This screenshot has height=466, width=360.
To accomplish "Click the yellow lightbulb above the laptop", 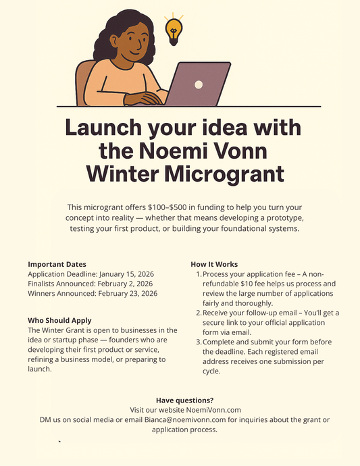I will point(174,30).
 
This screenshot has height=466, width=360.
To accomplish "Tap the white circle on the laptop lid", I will point(199,84).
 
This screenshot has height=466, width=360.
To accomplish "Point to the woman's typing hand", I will point(145,98).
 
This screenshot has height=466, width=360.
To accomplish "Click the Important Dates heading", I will point(57,264).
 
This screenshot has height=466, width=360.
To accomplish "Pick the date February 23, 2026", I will point(128,294).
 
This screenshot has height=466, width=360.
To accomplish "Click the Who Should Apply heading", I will point(59,320).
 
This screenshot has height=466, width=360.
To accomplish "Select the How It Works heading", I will point(214,264).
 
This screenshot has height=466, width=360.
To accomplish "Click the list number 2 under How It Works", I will point(198,313).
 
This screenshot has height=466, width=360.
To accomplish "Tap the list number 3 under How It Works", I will point(198,342).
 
